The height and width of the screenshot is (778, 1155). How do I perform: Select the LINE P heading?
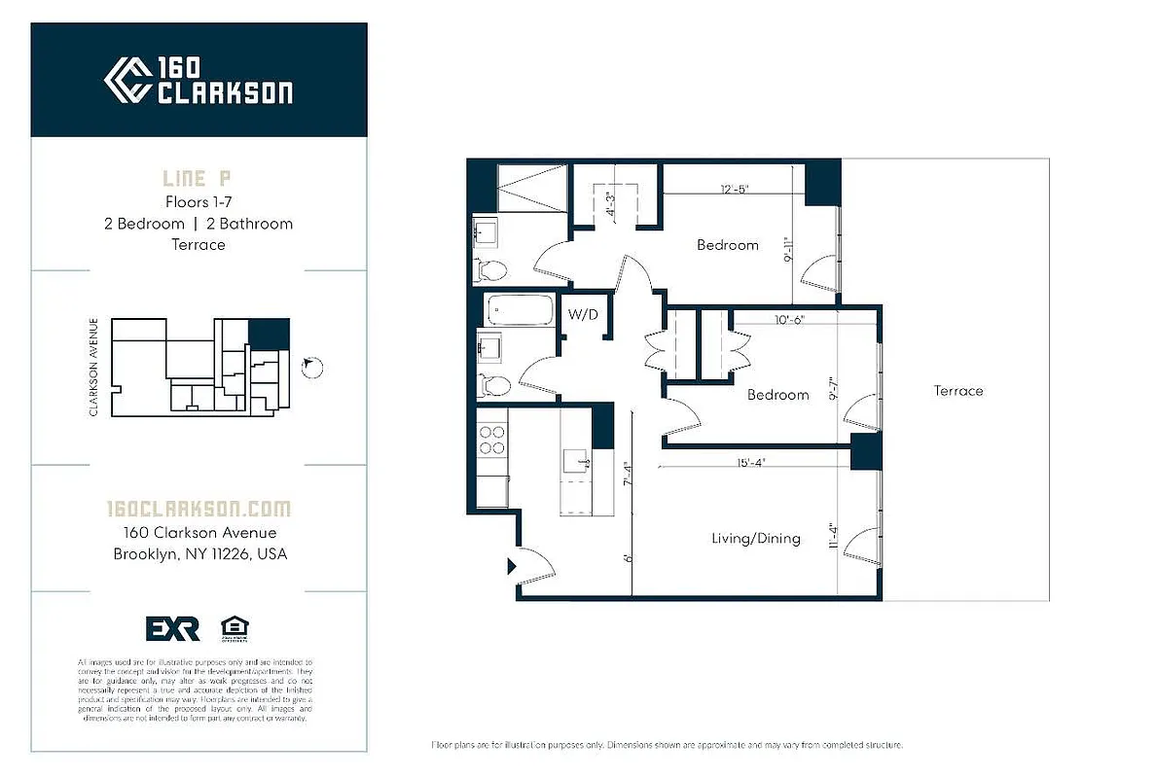click(x=199, y=179)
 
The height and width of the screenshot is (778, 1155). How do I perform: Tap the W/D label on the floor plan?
click(x=583, y=314)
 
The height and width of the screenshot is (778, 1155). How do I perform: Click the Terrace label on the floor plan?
click(x=958, y=391)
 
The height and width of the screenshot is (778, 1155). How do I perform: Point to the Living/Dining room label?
click(x=755, y=538)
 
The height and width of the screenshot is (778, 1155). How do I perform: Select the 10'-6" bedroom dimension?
click(x=789, y=319)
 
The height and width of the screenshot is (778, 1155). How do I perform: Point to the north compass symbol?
click(x=311, y=367)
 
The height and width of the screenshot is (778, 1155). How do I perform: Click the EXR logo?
click(x=172, y=629)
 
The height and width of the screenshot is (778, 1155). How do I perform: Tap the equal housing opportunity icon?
click(x=234, y=628)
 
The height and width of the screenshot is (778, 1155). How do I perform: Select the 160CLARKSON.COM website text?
click(x=199, y=509)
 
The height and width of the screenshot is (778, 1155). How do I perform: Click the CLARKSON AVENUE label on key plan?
click(x=94, y=368)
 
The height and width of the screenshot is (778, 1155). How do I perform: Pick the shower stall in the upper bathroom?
click(x=532, y=186)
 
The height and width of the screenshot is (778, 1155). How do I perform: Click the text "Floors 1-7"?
click(x=199, y=202)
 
